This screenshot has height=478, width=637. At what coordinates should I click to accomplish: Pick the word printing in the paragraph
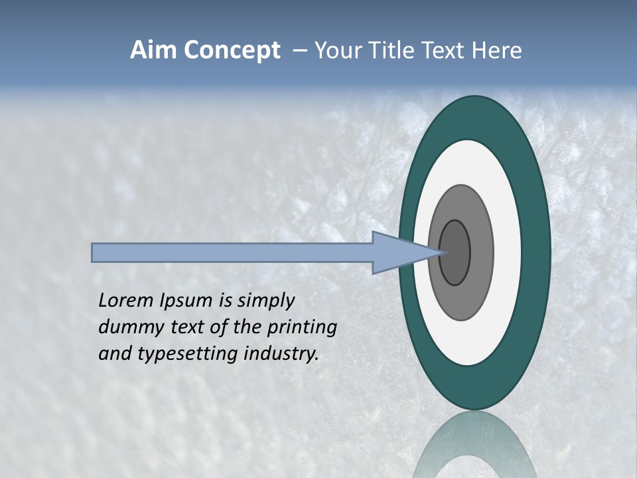pos(302,328)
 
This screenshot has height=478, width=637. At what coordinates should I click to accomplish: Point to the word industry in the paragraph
pos(281,354)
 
